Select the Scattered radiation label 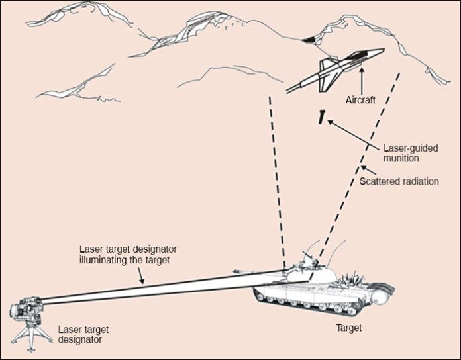(399, 181)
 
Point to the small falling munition (320, 118)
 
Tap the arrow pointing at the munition (345, 132)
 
